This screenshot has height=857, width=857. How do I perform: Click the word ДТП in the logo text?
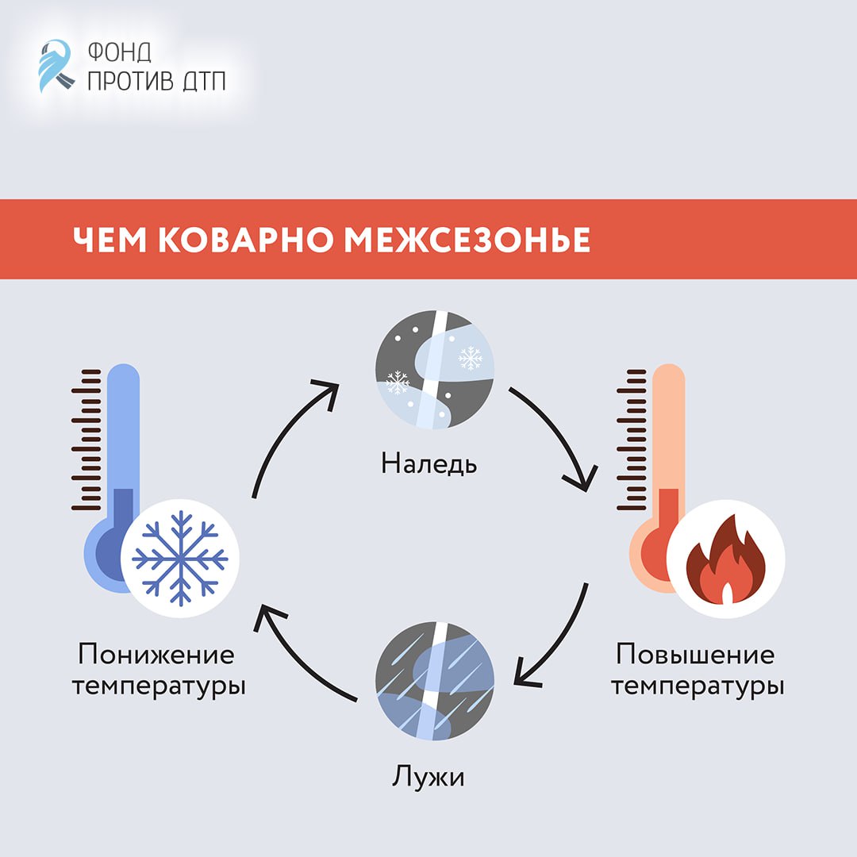click(202, 81)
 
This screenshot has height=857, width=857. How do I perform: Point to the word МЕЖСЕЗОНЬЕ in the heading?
click(467, 240)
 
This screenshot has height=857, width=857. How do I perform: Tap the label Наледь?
click(429, 463)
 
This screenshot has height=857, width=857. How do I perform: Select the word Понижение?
click(156, 655)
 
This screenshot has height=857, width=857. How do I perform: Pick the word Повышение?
click(695, 655)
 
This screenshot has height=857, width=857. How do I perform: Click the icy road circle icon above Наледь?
click(434, 370)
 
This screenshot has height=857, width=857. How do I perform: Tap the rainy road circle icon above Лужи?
click(434, 683)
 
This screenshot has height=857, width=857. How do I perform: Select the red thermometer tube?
click(669, 444)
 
